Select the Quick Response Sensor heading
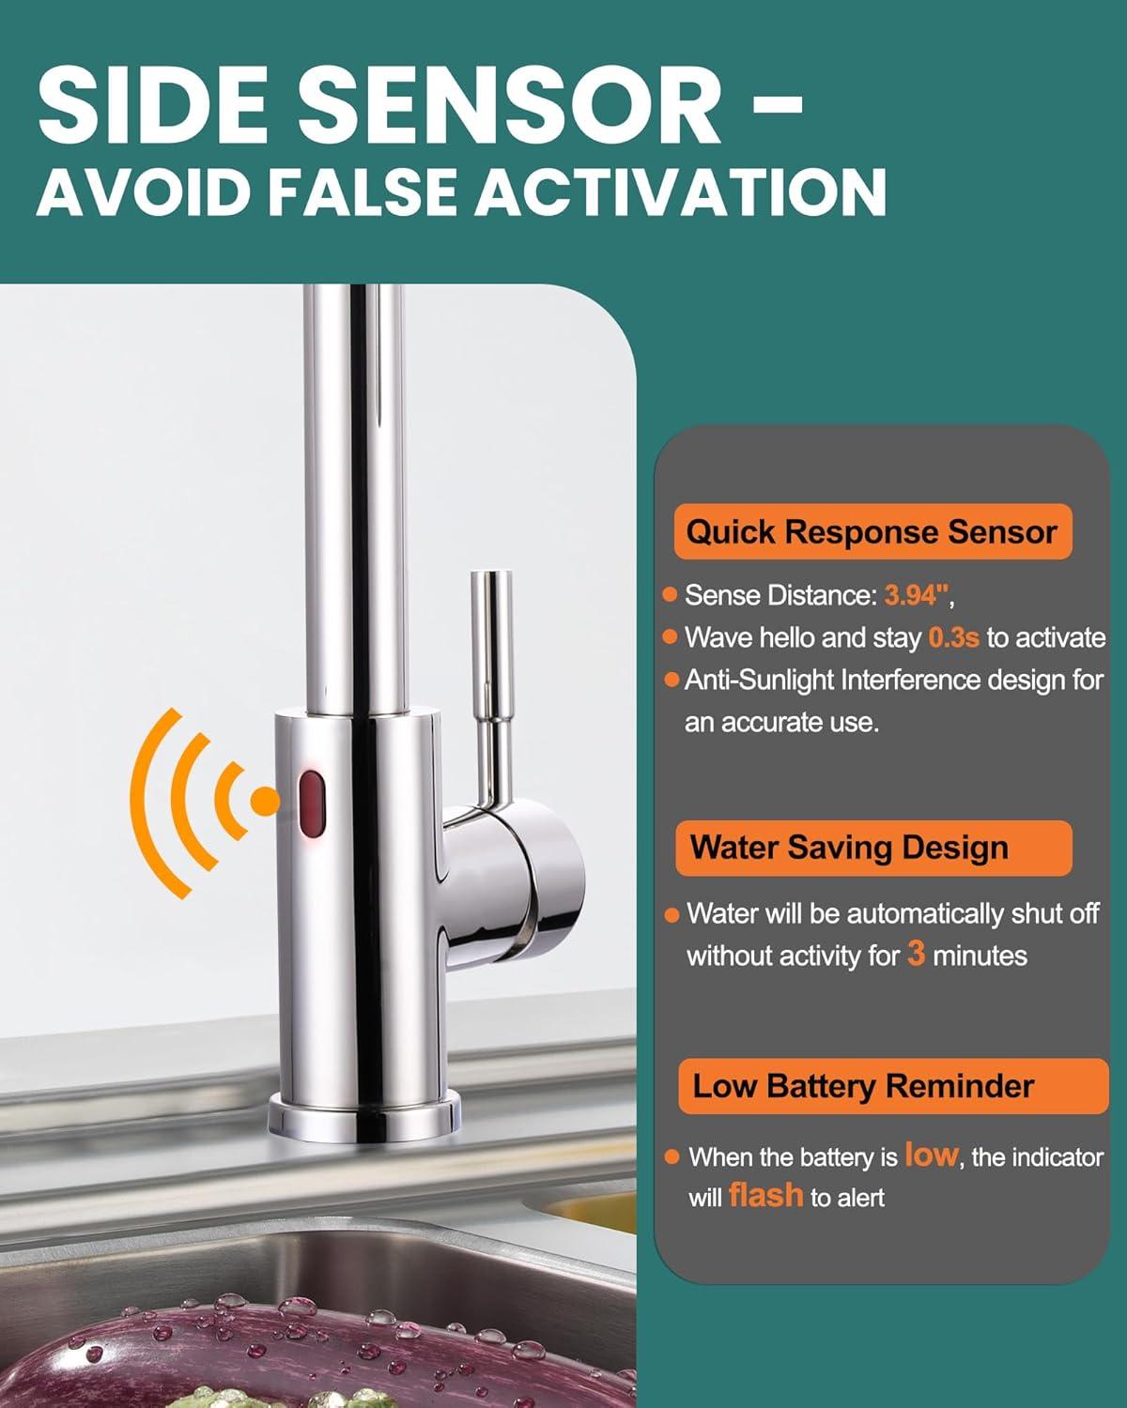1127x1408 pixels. pyautogui.click(x=872, y=532)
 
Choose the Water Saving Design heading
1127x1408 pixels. pyautogui.click(x=849, y=848)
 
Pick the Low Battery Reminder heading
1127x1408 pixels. pyautogui.click(x=863, y=1086)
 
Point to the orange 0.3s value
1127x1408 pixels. pyautogui.click(x=953, y=638)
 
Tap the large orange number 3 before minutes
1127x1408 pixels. pyautogui.click(x=916, y=955)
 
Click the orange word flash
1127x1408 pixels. pyautogui.click(x=765, y=1196)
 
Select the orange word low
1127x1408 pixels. pyautogui.click(x=930, y=1155)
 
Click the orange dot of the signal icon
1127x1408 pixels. pyautogui.click(x=266, y=801)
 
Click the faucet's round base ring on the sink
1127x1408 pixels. pyautogui.click(x=363, y=1117)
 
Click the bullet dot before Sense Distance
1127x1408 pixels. pyautogui.click(x=671, y=595)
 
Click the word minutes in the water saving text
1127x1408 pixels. pyautogui.click(x=980, y=957)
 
